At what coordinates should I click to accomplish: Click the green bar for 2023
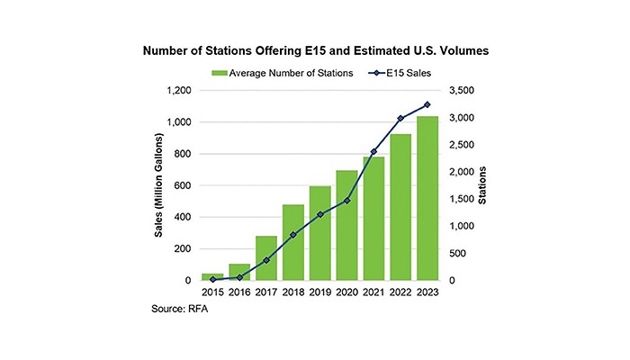pos(427,198)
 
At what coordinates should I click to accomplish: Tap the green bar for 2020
pos(347,225)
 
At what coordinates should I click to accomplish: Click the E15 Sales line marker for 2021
pos(373,152)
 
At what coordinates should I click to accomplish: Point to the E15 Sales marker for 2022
pos(400,119)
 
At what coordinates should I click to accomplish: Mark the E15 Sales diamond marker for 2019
pos(320,214)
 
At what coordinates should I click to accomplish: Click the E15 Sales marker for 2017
pos(266,261)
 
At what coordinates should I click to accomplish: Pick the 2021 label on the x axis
pos(373,293)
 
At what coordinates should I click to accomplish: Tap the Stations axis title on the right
pos(483,186)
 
